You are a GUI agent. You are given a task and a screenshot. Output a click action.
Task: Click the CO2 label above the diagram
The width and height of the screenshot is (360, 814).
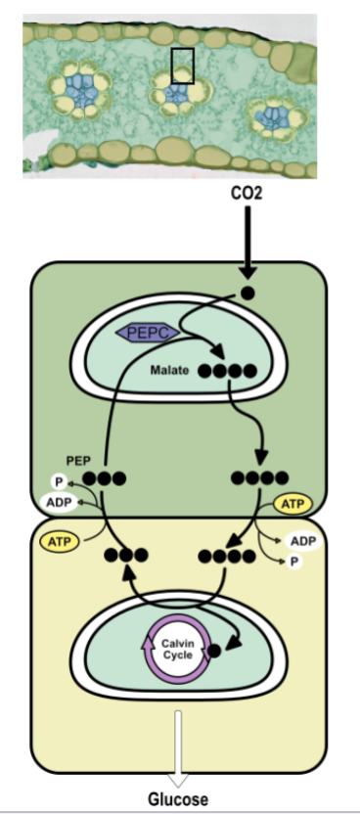(246, 195)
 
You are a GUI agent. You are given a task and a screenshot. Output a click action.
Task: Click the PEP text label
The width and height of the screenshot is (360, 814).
(78, 459)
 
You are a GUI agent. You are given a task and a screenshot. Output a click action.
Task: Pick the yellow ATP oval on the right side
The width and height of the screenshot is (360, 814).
(292, 505)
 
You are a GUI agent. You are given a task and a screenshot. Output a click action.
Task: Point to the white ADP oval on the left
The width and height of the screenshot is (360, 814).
(60, 503)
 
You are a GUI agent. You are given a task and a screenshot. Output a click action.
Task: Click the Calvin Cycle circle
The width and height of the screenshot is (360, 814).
(178, 648)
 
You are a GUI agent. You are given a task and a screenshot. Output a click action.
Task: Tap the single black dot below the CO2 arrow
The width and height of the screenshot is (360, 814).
(248, 293)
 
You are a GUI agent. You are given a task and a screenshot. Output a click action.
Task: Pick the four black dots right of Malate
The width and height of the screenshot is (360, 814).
(227, 372)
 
